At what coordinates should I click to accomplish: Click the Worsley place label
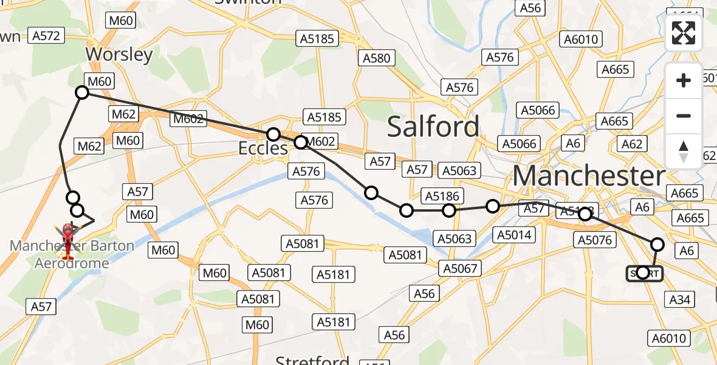point(118,54)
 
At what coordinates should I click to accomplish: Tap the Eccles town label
point(264,148)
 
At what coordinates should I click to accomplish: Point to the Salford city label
point(433,127)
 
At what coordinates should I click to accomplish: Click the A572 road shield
point(46,36)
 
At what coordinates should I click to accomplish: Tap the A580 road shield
point(377,58)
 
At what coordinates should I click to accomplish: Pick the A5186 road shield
point(442,196)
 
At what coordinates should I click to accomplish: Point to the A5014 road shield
point(514,235)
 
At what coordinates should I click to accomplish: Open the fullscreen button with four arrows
point(684,33)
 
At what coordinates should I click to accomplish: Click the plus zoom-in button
point(684,80)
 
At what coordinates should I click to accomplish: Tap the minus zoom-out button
point(684,116)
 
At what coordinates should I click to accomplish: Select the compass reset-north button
point(684,151)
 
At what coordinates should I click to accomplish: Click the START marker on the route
point(644,273)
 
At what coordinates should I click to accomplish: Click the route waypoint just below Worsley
point(82,92)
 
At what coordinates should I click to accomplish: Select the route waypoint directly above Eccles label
point(273,134)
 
